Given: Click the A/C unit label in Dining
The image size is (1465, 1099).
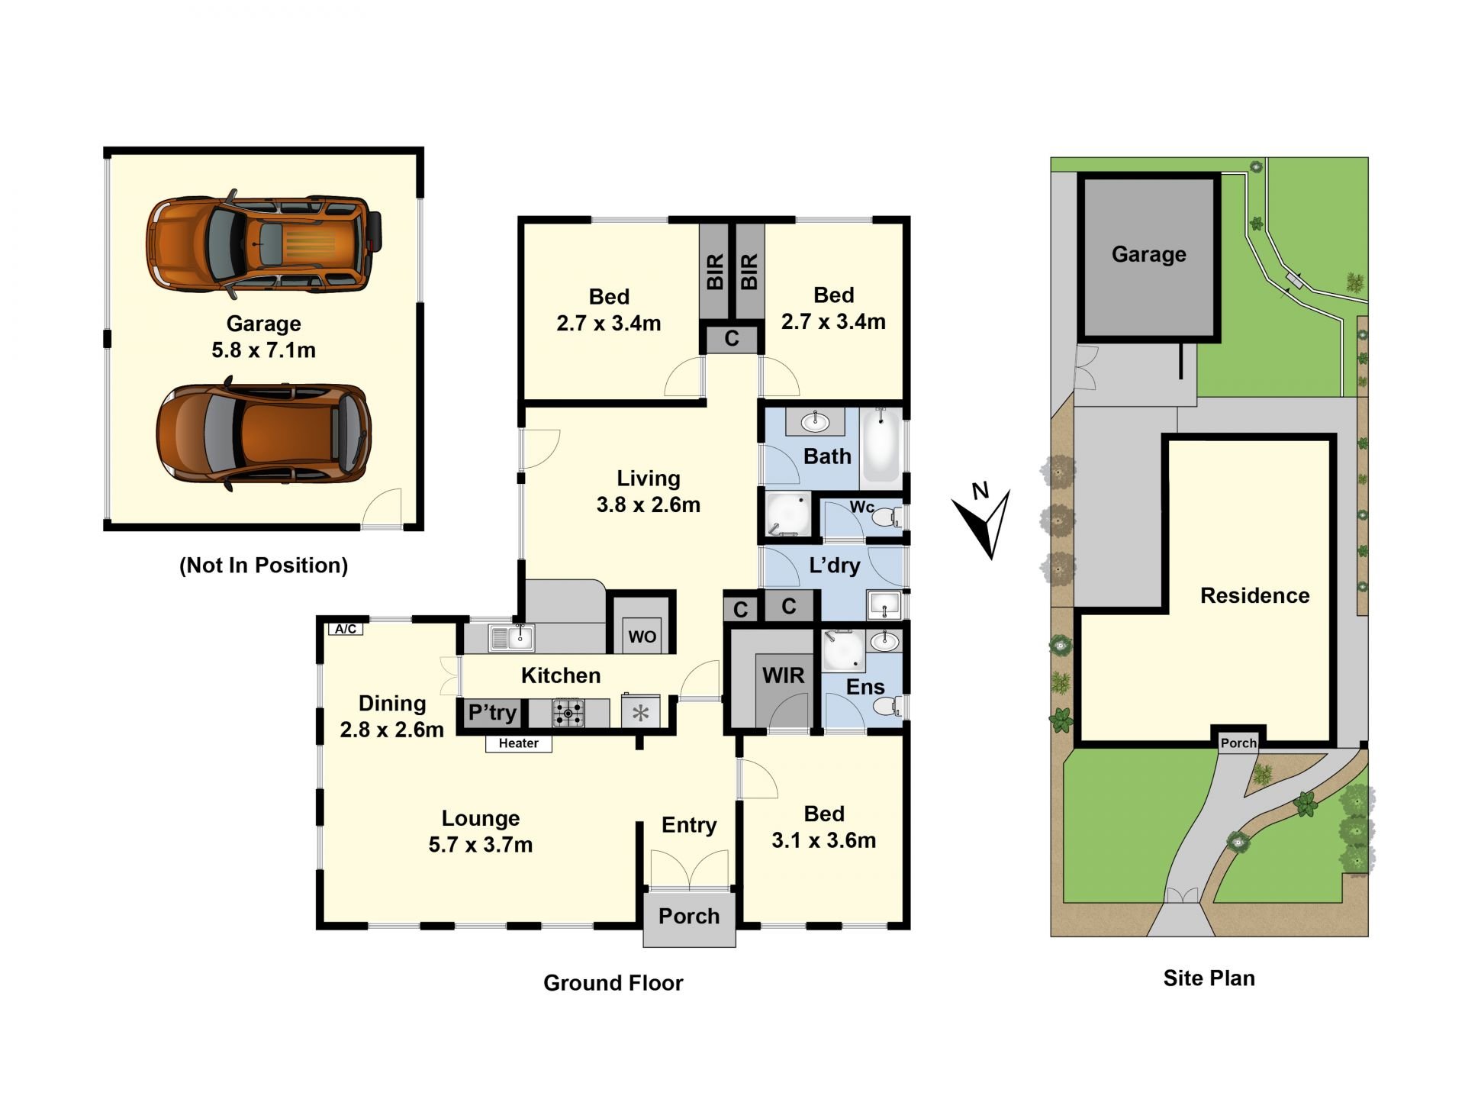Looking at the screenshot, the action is click(346, 629).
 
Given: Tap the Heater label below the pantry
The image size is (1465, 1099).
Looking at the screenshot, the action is click(519, 743).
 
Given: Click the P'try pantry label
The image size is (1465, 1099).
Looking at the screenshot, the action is click(492, 713).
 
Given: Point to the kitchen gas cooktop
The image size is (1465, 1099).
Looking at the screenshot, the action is click(568, 714).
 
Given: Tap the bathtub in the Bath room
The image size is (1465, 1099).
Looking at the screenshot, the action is click(881, 446).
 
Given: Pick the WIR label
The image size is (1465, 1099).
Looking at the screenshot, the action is click(784, 675).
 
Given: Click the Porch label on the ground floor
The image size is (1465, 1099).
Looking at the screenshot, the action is click(689, 916).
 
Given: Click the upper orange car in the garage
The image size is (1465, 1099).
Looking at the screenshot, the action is click(264, 244).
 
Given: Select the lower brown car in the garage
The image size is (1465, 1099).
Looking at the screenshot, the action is click(264, 435).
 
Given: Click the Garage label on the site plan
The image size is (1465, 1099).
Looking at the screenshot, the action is click(1149, 254).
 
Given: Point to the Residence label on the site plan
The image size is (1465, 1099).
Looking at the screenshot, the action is click(1255, 595).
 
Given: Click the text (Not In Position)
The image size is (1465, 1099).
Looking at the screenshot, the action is click(264, 566).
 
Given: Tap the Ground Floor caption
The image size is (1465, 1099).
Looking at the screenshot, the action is click(613, 983).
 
